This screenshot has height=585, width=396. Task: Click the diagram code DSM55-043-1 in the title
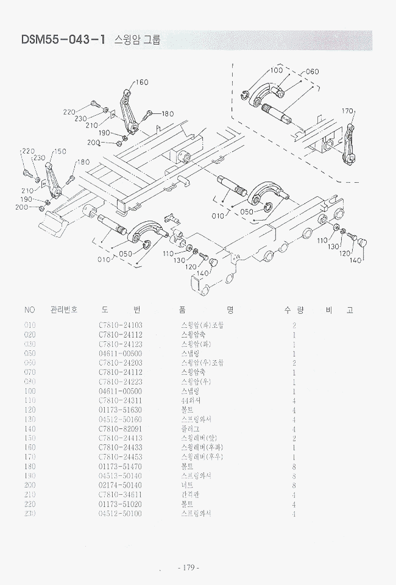pos(64,40)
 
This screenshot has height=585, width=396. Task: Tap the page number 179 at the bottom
pos(188,568)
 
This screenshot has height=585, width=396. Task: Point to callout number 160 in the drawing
pos(141,82)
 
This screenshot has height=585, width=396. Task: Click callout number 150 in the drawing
pos(60,151)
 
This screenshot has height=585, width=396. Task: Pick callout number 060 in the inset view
pos(311,71)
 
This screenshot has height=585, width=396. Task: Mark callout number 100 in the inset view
pos(276,71)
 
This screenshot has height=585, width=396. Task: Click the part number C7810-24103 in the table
pos(120,325)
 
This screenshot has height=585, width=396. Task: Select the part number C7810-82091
pos(120,429)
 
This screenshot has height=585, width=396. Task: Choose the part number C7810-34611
pos(120,495)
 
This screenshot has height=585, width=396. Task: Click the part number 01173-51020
pos(120,505)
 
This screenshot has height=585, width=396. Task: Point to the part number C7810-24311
pos(120,401)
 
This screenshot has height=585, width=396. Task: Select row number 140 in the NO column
pos(30,429)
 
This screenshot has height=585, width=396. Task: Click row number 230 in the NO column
pos(30,514)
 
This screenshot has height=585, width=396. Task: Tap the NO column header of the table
pos(30,310)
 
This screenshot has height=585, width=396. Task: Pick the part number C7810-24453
pos(120,457)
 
